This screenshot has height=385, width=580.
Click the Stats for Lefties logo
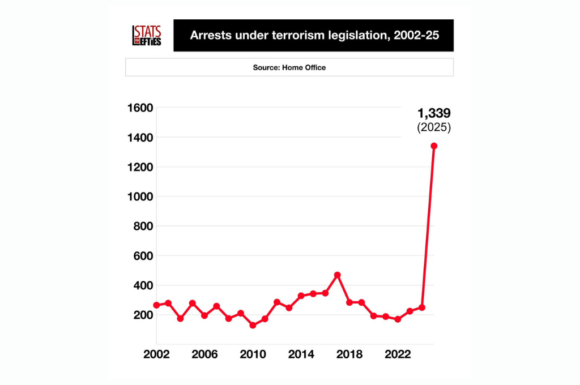(147, 36)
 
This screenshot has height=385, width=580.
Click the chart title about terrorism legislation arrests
(313, 36)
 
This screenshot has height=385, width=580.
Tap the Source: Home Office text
(289, 67)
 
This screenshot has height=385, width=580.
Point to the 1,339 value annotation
(434, 113)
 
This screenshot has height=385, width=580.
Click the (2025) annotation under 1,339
(434, 127)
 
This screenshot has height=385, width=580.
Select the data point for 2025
(434, 146)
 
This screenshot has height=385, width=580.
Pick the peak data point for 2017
(338, 275)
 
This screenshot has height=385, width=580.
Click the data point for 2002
(156, 305)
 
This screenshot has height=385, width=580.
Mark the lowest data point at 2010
(253, 326)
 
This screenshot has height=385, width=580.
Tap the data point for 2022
(398, 319)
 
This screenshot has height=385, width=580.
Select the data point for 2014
(301, 296)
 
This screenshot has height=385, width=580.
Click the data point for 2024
(422, 307)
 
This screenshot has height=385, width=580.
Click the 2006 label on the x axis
(204, 354)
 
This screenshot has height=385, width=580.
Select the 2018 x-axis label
(349, 354)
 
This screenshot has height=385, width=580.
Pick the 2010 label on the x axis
(253, 354)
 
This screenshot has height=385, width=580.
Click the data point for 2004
(180, 319)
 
